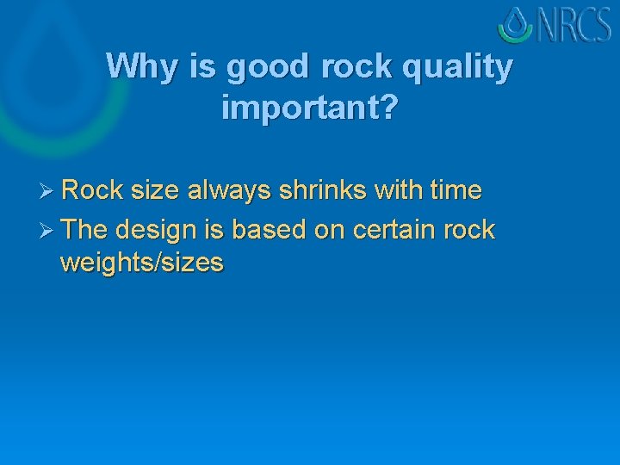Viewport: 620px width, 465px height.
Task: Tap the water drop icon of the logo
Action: (x=516, y=25)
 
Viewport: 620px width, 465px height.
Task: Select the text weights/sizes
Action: (x=142, y=263)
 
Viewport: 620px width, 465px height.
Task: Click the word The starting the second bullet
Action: (x=84, y=230)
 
